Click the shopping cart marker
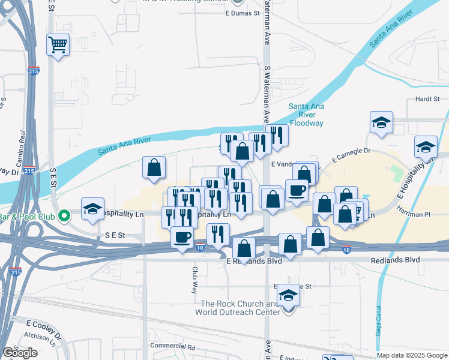point(58,44)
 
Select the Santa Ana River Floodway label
point(306,115)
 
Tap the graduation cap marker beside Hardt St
point(381,123)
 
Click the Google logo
point(19,353)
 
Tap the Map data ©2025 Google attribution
point(412,355)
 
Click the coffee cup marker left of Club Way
point(182,237)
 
